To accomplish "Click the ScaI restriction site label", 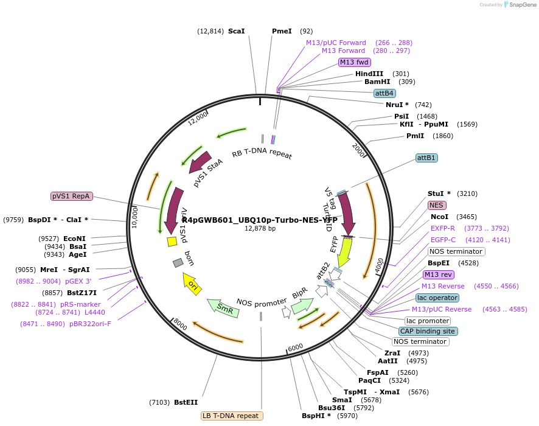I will coord(236,31).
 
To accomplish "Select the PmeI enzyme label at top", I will coord(282,31).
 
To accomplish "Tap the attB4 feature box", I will coord(384,93).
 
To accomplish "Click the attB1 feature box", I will coord(426,158).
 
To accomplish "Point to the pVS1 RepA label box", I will coord(71,196).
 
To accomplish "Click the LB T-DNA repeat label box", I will coord(232,416).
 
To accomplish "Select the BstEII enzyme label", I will coord(186,402).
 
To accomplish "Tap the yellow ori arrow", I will coord(193,284).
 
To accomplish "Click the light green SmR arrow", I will coord(223,307).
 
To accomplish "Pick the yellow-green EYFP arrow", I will coord(344,251).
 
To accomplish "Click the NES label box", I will coord(437,205).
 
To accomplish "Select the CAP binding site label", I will coord(427,331).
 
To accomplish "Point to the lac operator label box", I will coord(437,298).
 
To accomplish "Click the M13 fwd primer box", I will coord(355,62).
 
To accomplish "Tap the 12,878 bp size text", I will coord(260,228).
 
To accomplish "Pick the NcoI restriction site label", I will coord(439,217).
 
